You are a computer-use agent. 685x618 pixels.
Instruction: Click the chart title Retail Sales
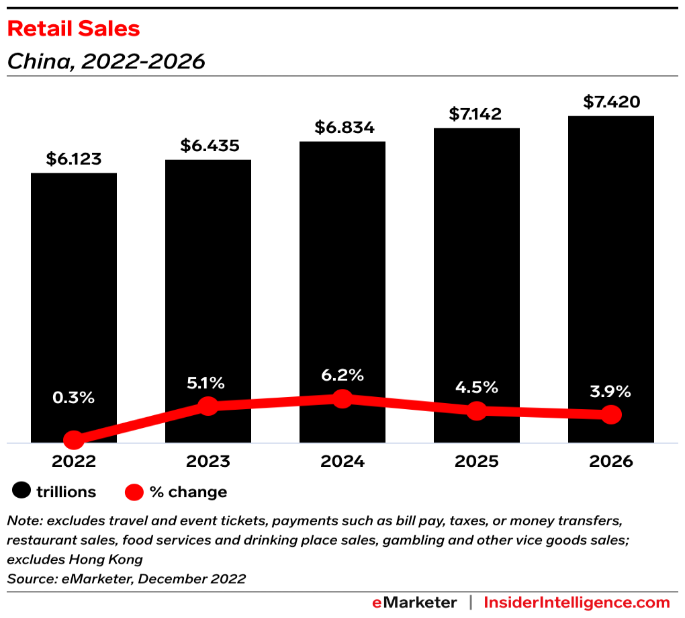pos(74,29)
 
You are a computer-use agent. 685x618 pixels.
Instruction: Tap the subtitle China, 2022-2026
pos(106,62)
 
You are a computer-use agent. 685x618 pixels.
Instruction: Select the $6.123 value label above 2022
pos(74,159)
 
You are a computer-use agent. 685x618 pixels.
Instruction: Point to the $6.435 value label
pos(209,146)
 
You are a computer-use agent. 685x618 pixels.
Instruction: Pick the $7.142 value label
pos(477,114)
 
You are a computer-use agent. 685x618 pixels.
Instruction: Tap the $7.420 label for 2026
pos(611,102)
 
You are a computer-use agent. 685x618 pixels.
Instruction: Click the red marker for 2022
pos(74,441)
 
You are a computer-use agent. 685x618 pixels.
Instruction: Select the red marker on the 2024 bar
pos(342,398)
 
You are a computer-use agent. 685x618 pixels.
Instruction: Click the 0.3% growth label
pos(74,397)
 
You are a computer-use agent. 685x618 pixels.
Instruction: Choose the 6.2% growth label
pos(342,374)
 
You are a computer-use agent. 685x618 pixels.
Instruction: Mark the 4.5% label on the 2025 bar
pos(477,387)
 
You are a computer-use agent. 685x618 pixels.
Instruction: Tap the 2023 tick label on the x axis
pos(208,462)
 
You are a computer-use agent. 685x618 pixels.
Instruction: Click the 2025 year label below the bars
pos(477,462)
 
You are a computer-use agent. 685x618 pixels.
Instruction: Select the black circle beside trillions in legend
pos(21,492)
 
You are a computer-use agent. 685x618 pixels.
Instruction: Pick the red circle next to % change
pos(135,492)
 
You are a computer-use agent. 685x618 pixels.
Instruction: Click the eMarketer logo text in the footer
pos(414,603)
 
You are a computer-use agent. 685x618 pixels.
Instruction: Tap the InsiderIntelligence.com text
pos(577,603)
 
